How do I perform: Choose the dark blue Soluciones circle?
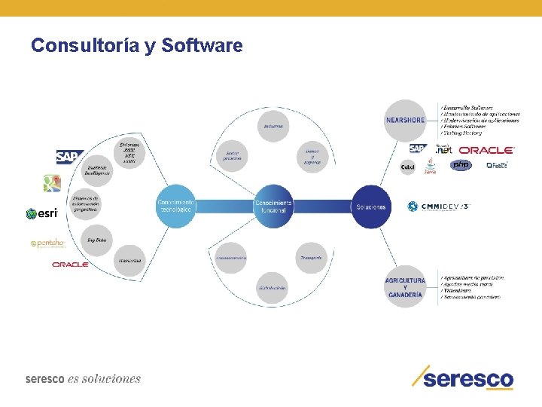[370, 206]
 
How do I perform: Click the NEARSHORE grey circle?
[405, 119]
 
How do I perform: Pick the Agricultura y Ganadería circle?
[405, 288]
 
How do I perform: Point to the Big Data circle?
[96, 240]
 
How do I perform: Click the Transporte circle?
[310, 258]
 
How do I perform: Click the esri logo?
[42, 213]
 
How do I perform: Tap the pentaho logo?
[47, 243]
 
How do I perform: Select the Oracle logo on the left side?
[70, 265]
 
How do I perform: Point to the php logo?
[460, 165]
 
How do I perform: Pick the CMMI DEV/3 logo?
[438, 207]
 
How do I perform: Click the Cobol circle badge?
[407, 167]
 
